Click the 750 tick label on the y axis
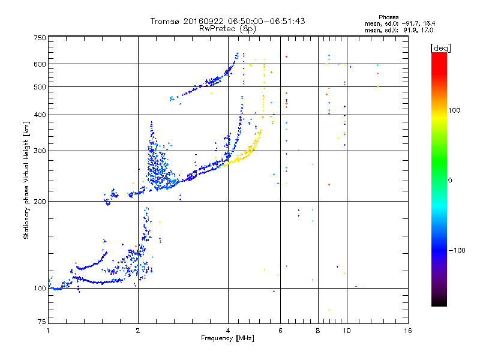click(40, 37)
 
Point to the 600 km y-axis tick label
click(40, 64)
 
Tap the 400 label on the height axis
click(40, 115)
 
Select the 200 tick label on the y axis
click(40, 201)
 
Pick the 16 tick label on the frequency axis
click(408, 331)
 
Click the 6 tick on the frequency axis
click(281, 331)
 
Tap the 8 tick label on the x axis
click(318, 331)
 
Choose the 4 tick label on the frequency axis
click(228, 331)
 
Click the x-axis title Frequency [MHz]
click(228, 338)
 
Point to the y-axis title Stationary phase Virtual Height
click(26, 180)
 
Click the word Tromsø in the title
click(166, 21)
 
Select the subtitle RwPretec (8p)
click(228, 28)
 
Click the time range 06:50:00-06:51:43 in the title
click(262, 21)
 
